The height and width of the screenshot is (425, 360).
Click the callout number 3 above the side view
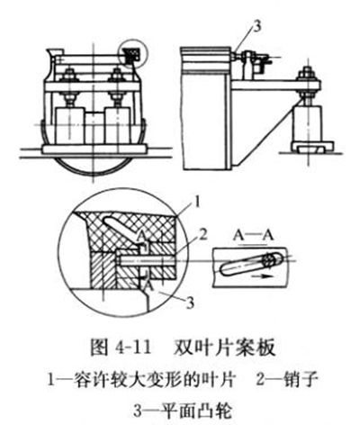[256, 26]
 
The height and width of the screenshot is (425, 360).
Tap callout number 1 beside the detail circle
[196, 202]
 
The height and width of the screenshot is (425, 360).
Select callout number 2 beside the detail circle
[202, 235]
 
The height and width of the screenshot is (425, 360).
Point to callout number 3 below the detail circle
[190, 303]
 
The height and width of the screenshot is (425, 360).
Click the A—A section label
[254, 236]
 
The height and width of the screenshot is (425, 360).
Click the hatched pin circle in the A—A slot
[269, 259]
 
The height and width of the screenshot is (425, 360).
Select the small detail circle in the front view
[133, 54]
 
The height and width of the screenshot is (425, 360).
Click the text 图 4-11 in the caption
[121, 348]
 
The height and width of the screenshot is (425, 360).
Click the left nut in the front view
[70, 75]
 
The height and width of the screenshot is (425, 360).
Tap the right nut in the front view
[116, 75]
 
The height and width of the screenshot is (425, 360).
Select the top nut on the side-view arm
[307, 74]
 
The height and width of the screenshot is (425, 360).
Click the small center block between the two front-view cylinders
[94, 128]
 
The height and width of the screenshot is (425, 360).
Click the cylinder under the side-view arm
[309, 123]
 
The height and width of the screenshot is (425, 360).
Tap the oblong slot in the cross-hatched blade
[121, 227]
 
